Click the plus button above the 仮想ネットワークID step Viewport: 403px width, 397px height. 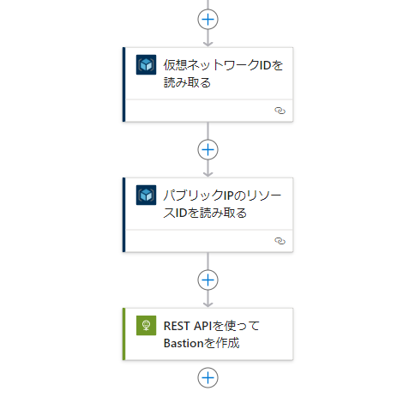[x=208, y=20]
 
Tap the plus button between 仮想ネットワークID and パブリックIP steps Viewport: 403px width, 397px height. [x=208, y=150]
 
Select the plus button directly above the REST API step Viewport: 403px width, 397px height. [x=208, y=280]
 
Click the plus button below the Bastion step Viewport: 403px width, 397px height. [x=208, y=378]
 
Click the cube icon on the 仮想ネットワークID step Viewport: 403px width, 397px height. [x=146, y=64]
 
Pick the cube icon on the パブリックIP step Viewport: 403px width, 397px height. [x=146, y=195]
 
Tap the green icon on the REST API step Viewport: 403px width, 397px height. [x=146, y=325]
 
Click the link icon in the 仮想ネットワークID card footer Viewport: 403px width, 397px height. [x=280, y=111]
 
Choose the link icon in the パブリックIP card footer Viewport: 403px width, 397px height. [x=280, y=241]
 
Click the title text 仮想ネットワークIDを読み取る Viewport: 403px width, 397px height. [x=223, y=74]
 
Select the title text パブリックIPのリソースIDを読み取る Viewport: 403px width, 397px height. [x=222, y=204]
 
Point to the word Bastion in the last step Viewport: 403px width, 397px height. [x=184, y=343]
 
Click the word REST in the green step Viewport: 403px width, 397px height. [x=177, y=326]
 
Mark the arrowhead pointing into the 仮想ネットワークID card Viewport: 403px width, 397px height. [x=208, y=44]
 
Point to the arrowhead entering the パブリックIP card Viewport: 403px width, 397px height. [x=208, y=174]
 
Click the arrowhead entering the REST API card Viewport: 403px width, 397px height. [x=208, y=304]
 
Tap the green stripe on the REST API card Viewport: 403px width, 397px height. [x=123, y=334]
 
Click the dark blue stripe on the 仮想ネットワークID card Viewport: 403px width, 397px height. [x=123, y=85]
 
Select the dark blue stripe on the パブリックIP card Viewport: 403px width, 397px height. [x=123, y=215]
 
